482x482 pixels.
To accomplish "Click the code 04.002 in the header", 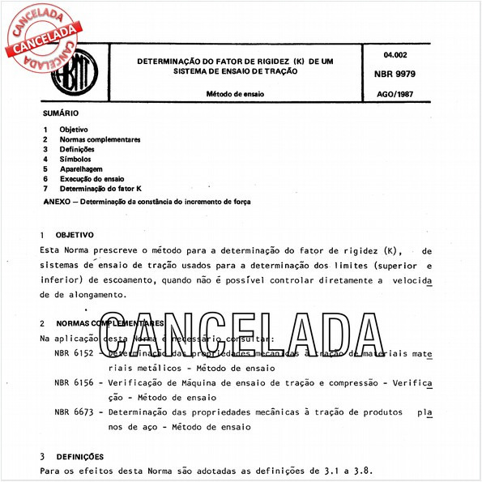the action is [395, 53].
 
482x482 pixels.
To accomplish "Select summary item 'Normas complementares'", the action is [100, 139].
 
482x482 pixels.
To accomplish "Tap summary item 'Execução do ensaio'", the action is [92, 178].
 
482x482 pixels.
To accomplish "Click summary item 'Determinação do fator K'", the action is [100, 188].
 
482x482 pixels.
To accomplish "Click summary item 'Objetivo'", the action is [75, 130].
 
